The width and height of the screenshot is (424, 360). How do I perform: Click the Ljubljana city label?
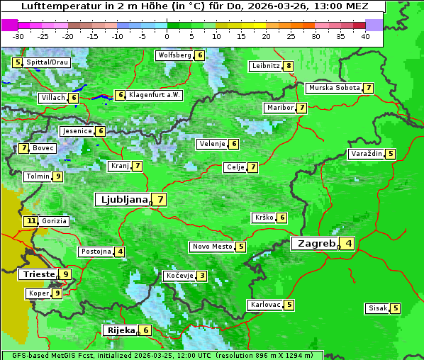point(123,200)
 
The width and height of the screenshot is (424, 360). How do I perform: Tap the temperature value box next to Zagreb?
point(348,244)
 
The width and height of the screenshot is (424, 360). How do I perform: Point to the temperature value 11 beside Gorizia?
point(30,221)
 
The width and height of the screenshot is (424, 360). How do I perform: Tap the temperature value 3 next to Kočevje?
point(202,276)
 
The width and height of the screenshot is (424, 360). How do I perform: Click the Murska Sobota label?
point(333,88)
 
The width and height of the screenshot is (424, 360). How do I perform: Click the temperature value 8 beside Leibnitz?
point(289,66)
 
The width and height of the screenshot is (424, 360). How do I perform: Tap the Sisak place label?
point(377,308)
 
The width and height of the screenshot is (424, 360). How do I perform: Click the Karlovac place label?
point(266,305)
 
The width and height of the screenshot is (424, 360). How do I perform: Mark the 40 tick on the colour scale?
point(365,35)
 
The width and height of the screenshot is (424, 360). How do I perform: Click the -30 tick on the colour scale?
point(18,35)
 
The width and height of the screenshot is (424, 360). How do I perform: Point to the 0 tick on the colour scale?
point(167,35)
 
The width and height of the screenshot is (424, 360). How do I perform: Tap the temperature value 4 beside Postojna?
point(121,252)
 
